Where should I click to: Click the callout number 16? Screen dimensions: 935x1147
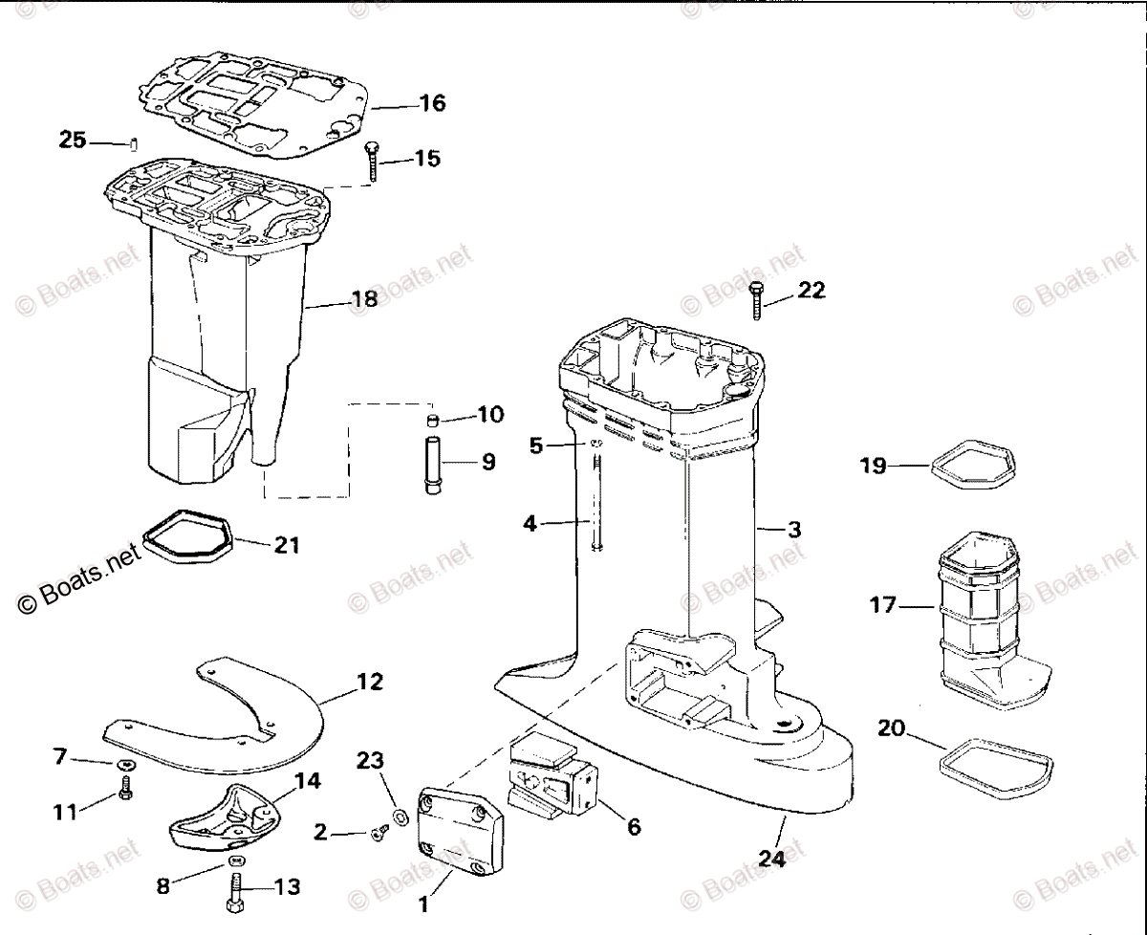coord(433,103)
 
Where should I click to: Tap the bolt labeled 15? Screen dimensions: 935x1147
coord(370,163)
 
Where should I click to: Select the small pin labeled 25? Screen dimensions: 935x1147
coord(135,144)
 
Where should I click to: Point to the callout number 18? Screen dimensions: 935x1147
coord(365,299)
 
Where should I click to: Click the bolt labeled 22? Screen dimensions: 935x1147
coord(757,297)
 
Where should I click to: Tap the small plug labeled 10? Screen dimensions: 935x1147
coord(433,420)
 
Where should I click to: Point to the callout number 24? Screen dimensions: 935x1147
coord(772,859)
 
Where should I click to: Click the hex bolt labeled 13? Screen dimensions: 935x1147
coord(236,893)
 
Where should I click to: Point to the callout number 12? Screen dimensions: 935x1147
coord(370,683)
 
